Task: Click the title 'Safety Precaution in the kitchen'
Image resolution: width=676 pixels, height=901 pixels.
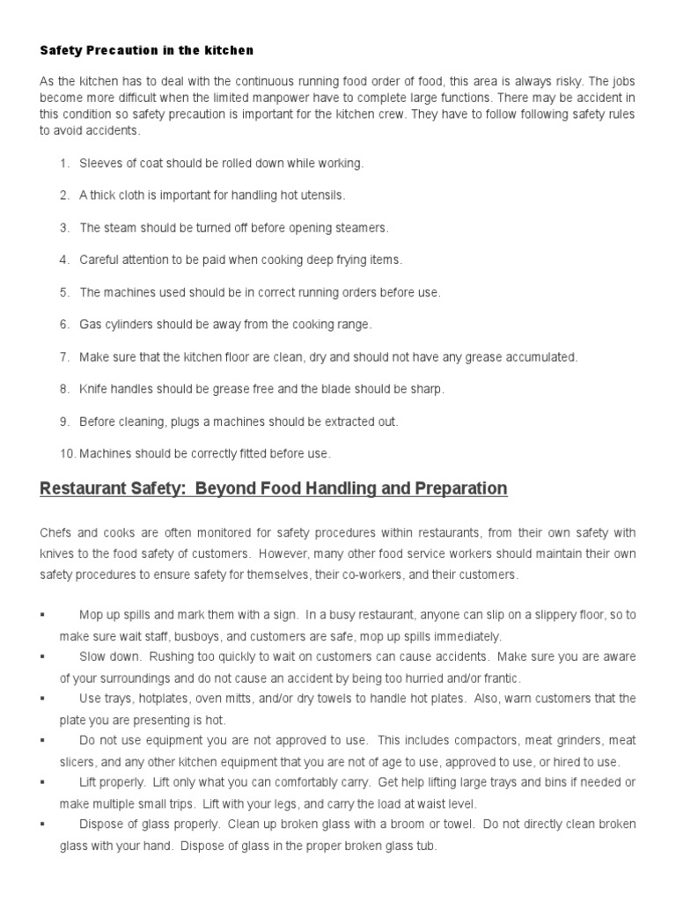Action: pos(146,51)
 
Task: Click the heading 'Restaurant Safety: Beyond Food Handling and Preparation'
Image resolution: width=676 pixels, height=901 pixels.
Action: pos(273,488)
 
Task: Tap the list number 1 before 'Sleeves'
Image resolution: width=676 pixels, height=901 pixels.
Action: pos(63,163)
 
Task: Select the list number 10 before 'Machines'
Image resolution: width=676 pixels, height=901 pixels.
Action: pos(67,454)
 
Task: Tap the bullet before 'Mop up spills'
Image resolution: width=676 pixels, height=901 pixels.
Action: pos(42,614)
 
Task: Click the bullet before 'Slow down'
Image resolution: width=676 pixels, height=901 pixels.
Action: pos(42,656)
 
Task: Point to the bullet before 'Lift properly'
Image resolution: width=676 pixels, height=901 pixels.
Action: pos(42,782)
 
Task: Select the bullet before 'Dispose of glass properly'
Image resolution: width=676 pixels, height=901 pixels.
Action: pos(42,824)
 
